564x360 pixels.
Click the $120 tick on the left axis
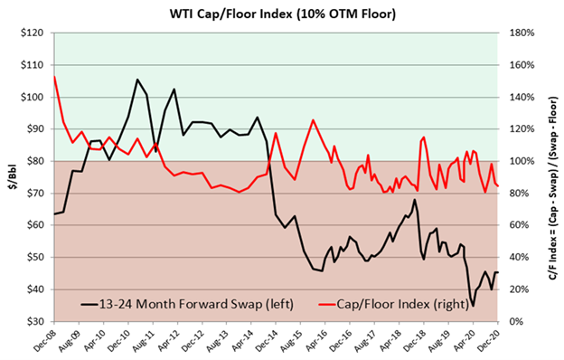tap(38, 33)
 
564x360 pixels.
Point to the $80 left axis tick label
tap(40, 161)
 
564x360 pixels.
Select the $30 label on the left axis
tap(40, 321)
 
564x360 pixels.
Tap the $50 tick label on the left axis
tap(40, 257)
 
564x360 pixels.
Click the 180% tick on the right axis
tap(518, 33)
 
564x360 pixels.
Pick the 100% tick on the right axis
tap(518, 161)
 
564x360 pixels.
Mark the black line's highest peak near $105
tap(137, 80)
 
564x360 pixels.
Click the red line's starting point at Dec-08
tap(54, 76)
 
